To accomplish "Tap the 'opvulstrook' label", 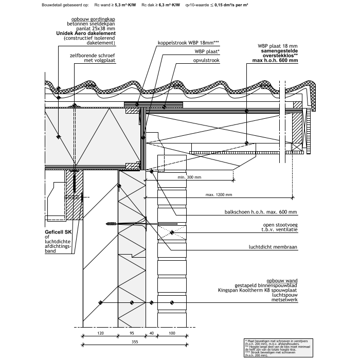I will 207,60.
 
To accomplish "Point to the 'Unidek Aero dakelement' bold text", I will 89,33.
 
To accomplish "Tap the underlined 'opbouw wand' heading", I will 284,281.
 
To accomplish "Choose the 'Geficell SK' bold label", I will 57,232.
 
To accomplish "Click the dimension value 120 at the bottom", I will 100,333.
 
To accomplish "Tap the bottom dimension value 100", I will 171,333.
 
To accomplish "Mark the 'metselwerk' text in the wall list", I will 286,307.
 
